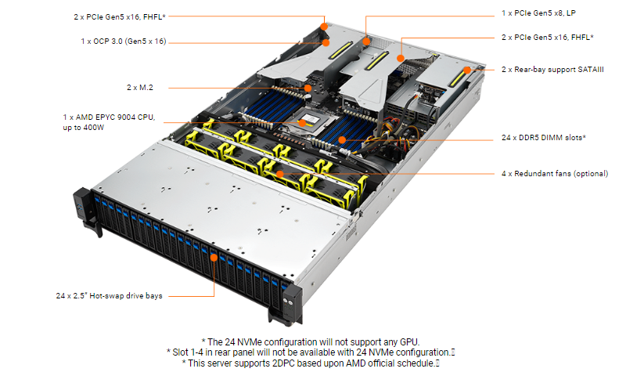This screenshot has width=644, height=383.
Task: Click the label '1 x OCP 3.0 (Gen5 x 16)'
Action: [124, 42]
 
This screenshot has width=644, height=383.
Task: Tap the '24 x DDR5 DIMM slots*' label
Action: [543, 138]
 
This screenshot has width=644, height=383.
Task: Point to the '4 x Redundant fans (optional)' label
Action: [554, 173]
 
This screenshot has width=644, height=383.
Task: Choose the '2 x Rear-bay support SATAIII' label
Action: [552, 70]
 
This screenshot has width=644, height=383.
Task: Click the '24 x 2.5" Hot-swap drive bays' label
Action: [109, 296]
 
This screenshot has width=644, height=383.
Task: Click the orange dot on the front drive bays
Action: [214, 256]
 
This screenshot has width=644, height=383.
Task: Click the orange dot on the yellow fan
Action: [279, 172]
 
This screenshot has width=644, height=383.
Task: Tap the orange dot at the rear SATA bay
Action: [466, 70]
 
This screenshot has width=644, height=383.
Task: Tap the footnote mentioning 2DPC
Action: [311, 363]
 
